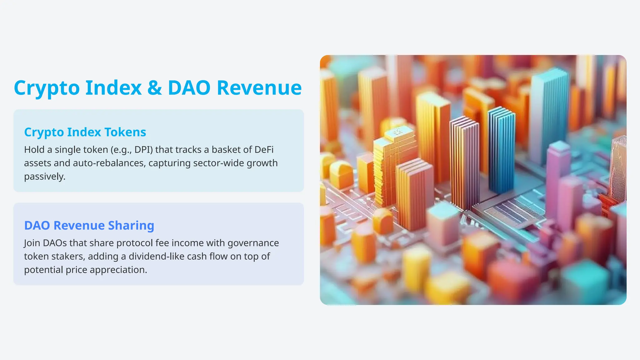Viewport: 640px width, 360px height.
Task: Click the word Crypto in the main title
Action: [x=47, y=88]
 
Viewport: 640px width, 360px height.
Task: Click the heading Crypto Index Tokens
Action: [x=85, y=132]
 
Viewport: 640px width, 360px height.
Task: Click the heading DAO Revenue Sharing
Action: [x=89, y=225]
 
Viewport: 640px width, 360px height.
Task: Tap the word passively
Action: [x=45, y=177]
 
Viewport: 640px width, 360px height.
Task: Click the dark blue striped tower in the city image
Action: [x=501, y=150]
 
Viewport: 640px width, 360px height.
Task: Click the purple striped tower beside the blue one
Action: [x=464, y=162]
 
